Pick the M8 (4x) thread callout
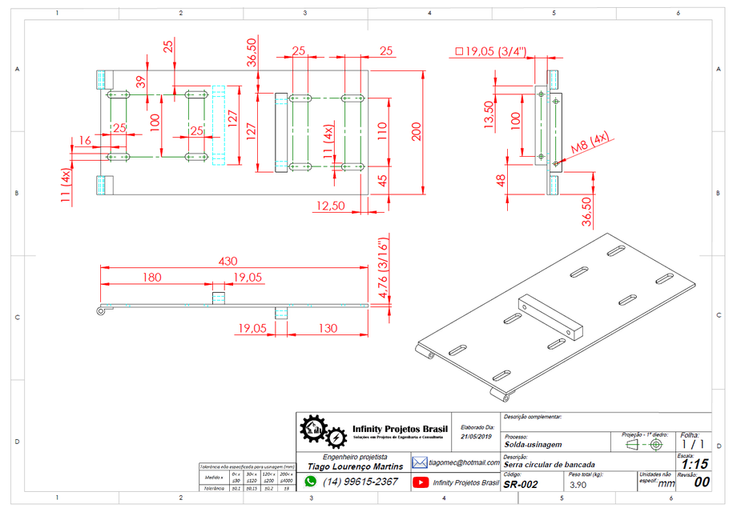point(590,146)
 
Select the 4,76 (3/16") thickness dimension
point(384,268)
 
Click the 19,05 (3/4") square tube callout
point(490,51)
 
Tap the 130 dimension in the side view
point(326,327)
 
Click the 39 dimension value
point(141,82)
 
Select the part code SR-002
point(521,484)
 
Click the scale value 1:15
point(694,463)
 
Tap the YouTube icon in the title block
point(420,482)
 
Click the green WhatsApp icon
point(311,482)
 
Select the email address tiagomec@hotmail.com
point(463,462)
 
